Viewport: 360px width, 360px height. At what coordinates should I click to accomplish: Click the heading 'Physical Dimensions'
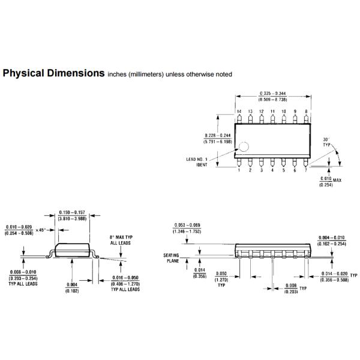(x=53, y=74)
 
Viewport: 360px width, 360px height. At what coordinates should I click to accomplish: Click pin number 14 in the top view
(x=239, y=112)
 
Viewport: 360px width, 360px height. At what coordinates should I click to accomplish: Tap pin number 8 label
(x=307, y=112)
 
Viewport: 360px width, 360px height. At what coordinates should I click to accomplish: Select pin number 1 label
(x=239, y=170)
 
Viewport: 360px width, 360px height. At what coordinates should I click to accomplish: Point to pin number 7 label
(x=307, y=170)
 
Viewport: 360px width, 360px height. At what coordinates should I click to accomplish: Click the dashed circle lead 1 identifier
(x=244, y=146)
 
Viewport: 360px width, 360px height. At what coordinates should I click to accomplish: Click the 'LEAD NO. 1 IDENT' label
(x=203, y=162)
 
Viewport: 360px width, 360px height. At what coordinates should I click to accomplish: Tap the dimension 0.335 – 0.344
(x=272, y=93)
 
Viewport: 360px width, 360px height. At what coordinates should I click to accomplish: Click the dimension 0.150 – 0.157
(x=72, y=212)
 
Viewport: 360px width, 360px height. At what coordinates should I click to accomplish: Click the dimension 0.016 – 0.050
(x=126, y=278)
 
